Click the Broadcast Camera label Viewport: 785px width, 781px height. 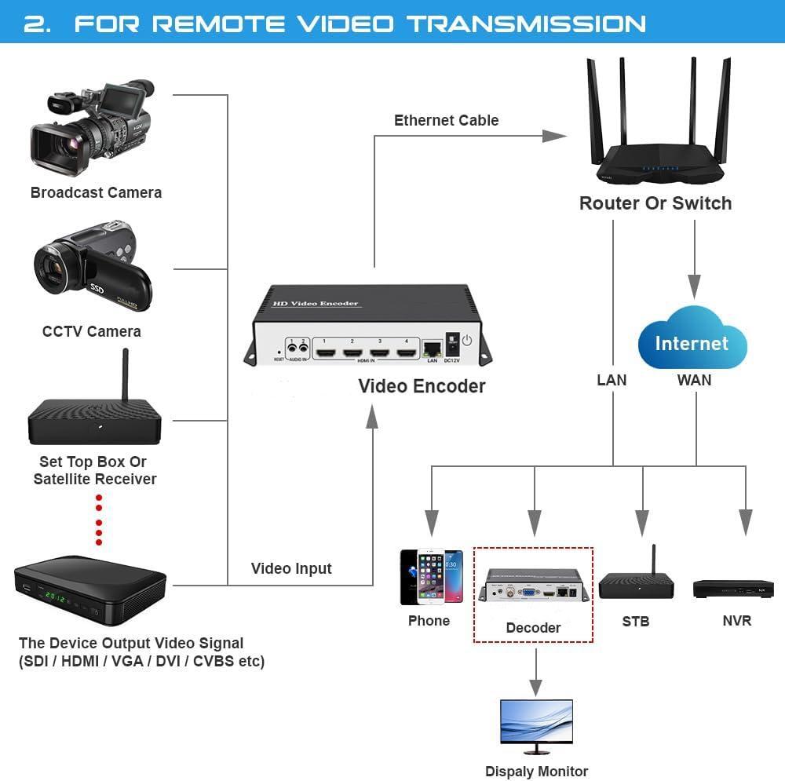[96, 192]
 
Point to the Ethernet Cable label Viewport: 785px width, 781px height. [446, 120]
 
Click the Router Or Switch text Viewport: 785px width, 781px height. [655, 203]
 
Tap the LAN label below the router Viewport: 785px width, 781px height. [612, 380]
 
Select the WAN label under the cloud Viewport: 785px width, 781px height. [694, 380]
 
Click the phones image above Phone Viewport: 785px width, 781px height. [431, 577]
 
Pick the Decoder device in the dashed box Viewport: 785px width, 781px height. [535, 586]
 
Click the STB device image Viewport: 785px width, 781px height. [636, 583]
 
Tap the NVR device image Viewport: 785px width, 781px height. [733, 589]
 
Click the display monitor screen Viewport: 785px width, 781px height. [536, 718]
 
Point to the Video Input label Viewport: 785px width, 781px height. [291, 568]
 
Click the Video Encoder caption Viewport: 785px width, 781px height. [422, 386]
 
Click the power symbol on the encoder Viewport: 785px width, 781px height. [467, 341]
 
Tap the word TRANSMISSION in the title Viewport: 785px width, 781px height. [527, 24]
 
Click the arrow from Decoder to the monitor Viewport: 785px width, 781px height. [536, 671]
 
